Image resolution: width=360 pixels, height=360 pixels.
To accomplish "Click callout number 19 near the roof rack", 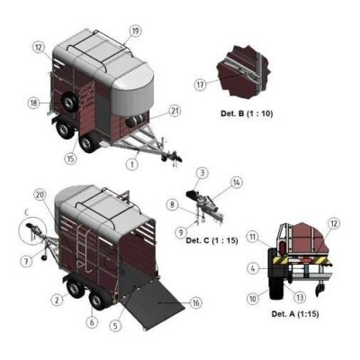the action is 135,31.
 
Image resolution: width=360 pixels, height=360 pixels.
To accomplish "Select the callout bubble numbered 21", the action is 175,111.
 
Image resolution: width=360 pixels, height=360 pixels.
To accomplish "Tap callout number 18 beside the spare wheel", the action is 33,103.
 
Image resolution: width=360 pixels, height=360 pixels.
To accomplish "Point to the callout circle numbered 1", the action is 132,164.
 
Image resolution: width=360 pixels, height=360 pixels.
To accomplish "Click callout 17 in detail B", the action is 201,85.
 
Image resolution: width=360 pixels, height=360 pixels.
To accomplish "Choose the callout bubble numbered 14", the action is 237,183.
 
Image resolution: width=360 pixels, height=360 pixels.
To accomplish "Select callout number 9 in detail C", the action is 181,232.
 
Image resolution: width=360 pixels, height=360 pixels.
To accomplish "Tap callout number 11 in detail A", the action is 253,237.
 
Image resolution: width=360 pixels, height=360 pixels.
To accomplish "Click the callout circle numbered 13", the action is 300,297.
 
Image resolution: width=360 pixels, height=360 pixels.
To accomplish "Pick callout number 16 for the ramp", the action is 196,303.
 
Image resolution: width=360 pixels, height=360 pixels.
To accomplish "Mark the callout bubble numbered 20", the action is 40,195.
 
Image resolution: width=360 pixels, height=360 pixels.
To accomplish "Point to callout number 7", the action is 26,262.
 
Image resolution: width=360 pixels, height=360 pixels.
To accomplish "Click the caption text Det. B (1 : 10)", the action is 247,113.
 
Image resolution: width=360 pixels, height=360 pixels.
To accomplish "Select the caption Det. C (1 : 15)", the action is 211,240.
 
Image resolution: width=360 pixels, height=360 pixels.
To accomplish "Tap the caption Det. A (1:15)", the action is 295,314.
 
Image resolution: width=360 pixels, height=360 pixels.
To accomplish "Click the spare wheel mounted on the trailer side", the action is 68,102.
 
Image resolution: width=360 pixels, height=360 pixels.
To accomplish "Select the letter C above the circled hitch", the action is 26,212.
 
